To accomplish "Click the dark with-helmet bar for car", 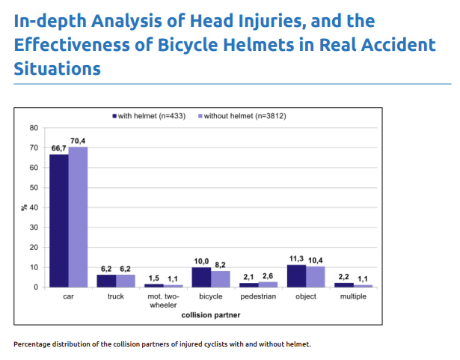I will (59, 221).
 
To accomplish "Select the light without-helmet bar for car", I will (79, 217).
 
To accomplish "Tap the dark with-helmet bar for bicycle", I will (201, 277).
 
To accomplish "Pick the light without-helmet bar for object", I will (316, 277).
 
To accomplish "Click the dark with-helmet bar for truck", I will (107, 281).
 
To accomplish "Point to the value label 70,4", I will (78, 141).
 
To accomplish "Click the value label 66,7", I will (58, 149).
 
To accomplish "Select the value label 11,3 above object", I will (295, 258).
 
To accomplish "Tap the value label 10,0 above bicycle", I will (201, 260).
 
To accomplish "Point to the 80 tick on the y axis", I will (34, 128).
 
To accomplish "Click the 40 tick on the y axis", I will (34, 207).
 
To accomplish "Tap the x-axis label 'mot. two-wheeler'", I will (164, 301).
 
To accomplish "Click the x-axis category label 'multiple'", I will (353, 297).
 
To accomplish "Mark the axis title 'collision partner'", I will (211, 315).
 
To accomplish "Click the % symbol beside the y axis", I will (24, 207).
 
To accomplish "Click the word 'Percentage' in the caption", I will (34, 344).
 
